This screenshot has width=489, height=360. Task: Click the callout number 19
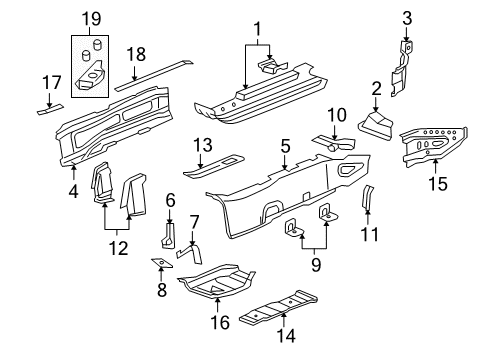point(91,19)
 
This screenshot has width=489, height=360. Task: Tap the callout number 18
point(138,53)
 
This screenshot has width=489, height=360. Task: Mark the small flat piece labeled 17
point(48,108)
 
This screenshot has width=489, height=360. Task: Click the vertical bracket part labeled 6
point(168,236)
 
